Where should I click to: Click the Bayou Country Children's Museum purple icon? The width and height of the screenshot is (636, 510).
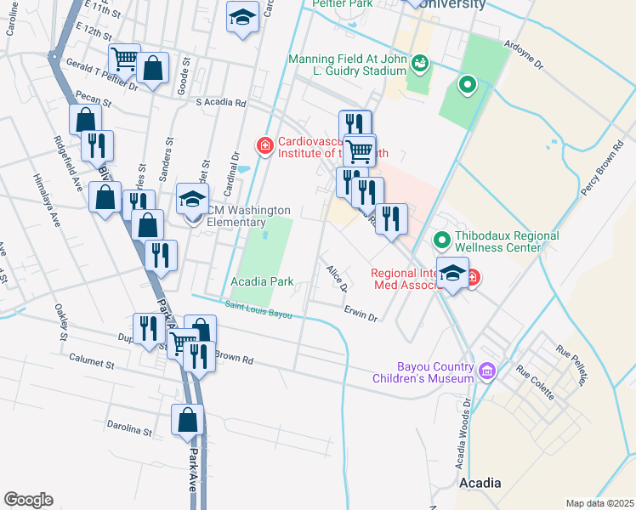[x=486, y=371]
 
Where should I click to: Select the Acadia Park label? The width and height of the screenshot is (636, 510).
[x=261, y=281]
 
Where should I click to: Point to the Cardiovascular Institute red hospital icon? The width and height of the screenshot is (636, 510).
[x=265, y=147]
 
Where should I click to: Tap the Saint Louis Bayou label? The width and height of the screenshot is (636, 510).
[x=258, y=309]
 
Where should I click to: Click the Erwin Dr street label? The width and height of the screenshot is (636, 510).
[x=361, y=314]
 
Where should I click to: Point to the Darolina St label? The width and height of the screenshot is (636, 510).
[x=129, y=427]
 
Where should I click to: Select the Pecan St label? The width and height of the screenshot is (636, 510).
[x=93, y=100]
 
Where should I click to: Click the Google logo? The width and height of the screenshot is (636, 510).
[x=28, y=500]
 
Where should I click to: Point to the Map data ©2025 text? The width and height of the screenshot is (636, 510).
[x=599, y=503]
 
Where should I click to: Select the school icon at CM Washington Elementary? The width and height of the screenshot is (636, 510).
[x=192, y=200]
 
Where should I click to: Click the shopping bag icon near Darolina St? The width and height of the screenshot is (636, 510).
[x=188, y=420]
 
